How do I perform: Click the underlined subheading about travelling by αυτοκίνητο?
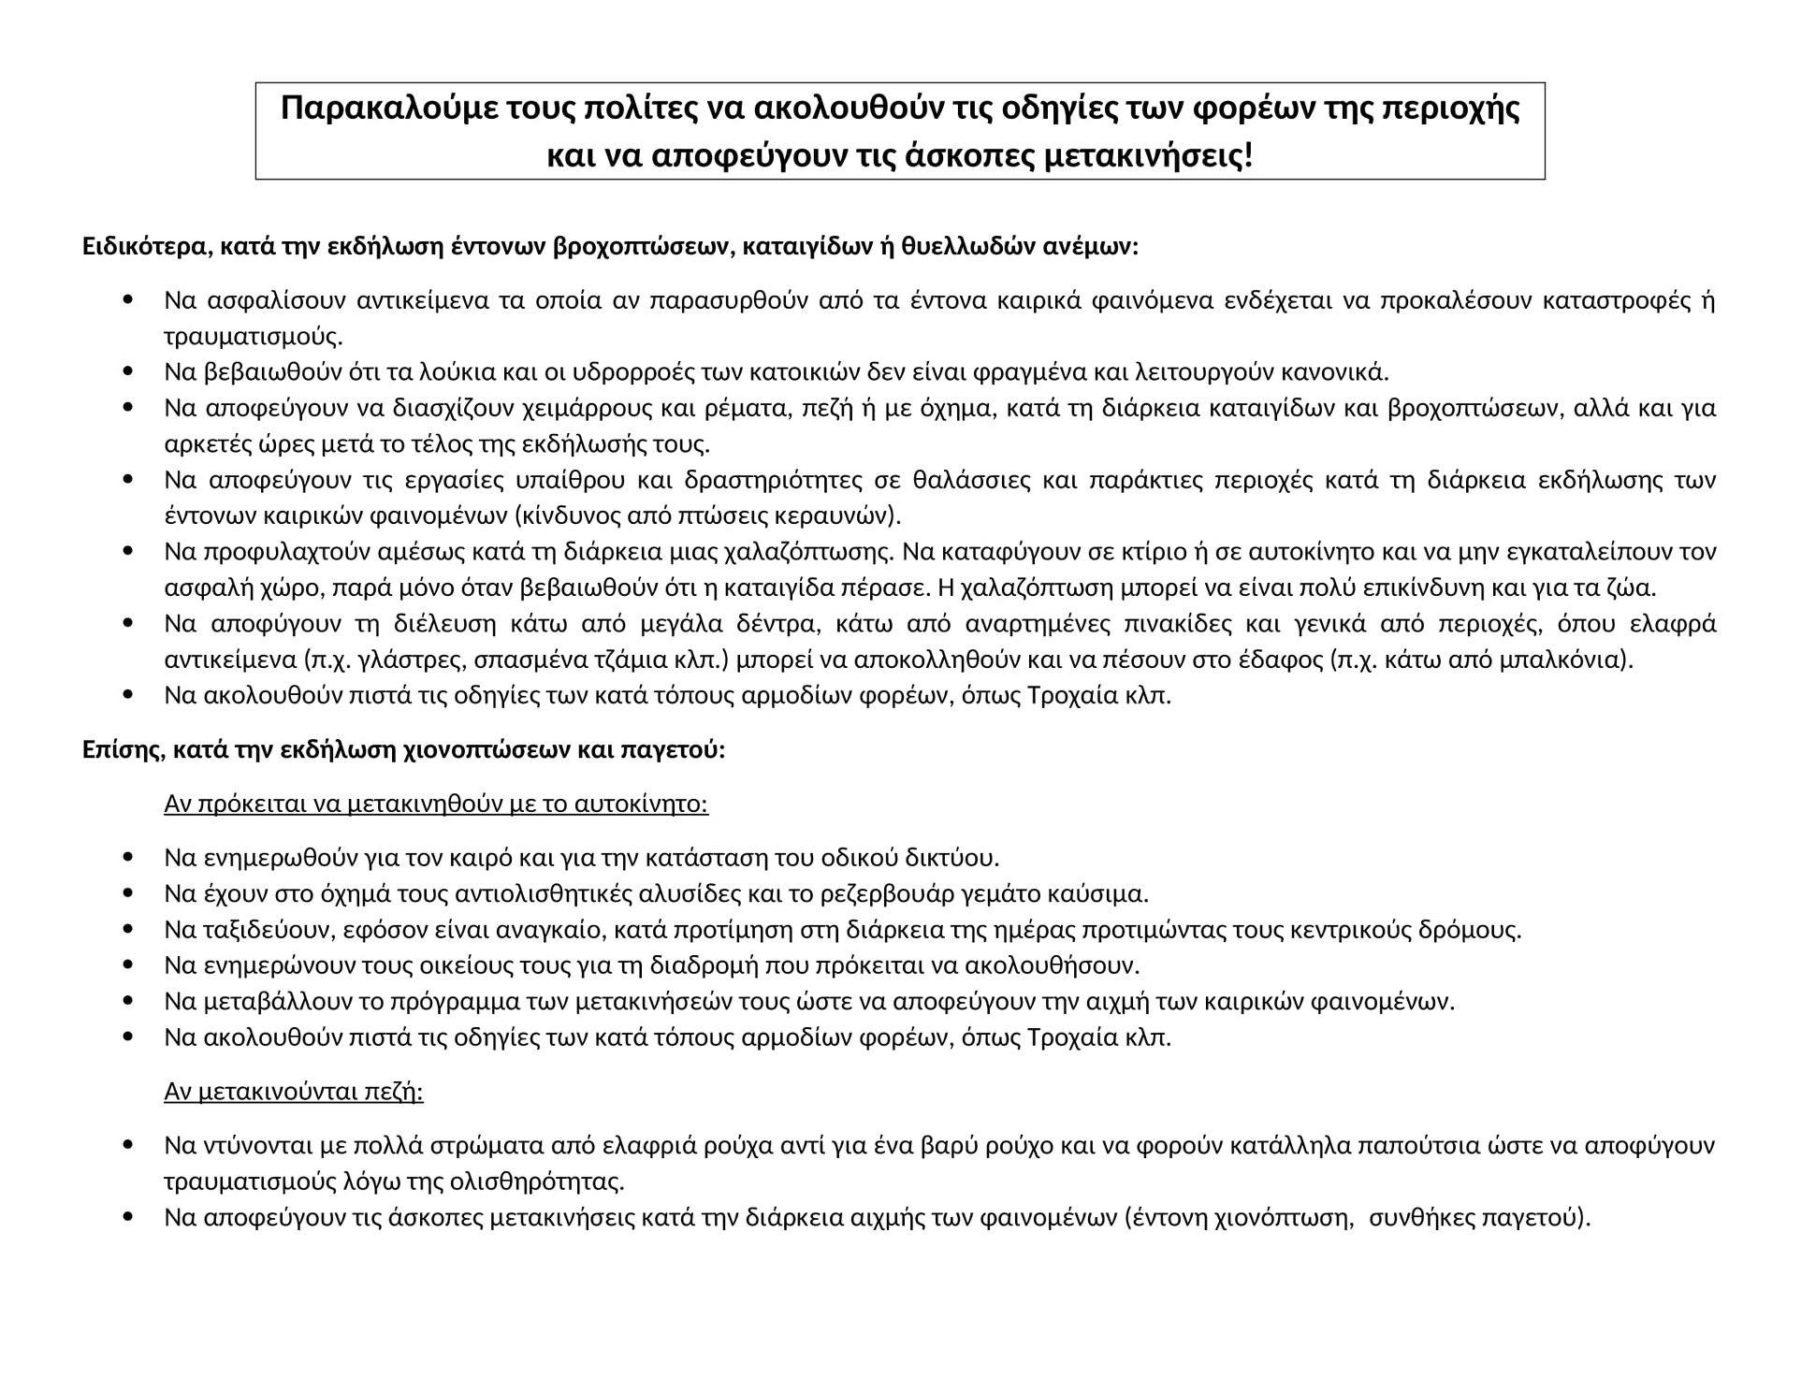pos(436,805)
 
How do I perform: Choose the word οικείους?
pos(426,965)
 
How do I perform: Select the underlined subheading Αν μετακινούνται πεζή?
pos(294,1092)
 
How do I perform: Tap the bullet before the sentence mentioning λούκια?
pos(129,372)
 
